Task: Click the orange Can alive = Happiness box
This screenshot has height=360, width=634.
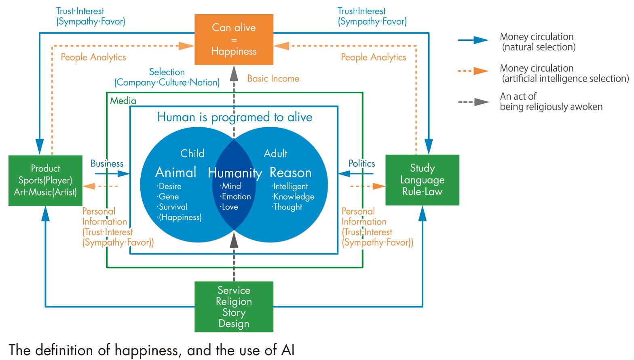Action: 234,40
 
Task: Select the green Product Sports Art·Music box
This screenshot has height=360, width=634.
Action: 45,180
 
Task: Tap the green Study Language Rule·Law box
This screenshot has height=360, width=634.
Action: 422,180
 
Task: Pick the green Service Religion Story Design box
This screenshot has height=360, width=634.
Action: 234,307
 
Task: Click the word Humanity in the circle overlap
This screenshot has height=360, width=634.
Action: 235,173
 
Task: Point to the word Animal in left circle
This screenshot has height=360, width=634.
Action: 175,173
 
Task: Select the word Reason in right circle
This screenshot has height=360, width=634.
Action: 290,173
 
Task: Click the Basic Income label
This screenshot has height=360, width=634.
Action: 273,78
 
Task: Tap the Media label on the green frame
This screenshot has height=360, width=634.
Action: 123,101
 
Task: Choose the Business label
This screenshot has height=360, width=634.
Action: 107,164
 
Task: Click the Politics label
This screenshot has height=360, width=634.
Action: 361,164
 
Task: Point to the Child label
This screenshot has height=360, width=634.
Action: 192,154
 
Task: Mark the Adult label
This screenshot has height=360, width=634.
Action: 275,154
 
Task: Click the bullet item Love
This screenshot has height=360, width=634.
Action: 229,207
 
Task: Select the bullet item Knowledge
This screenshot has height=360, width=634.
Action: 293,197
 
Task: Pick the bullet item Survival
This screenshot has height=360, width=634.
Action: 173,207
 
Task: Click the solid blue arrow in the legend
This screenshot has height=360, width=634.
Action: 473,40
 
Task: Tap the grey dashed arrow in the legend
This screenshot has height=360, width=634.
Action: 473,102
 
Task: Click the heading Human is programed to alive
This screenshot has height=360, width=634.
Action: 235,117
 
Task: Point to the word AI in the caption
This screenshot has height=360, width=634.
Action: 288,350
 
